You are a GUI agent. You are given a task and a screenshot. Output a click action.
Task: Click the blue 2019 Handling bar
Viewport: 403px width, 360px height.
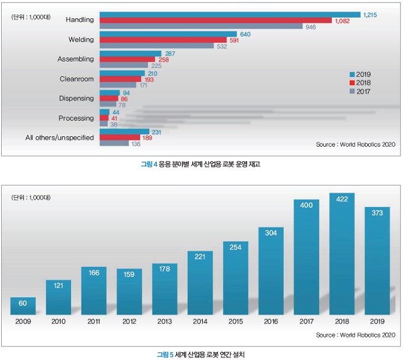tap(230, 14)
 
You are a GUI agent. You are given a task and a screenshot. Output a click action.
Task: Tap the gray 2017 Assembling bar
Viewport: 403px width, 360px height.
tap(124, 66)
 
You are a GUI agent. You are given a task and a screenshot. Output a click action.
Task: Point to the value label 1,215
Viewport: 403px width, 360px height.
tap(370, 14)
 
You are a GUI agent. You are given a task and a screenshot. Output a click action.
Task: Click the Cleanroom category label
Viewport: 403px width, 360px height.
tap(77, 79)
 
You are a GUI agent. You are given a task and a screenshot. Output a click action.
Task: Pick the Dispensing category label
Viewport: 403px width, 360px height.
tap(76, 98)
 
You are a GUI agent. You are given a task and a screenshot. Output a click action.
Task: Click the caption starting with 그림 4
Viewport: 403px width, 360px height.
tap(201, 165)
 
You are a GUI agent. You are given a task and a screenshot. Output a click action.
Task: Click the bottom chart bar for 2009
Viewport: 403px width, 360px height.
tap(23, 306)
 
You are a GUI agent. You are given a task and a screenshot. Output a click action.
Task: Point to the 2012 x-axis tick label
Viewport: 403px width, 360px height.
tap(129, 322)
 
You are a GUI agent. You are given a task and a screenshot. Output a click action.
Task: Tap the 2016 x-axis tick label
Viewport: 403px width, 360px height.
tap(271, 322)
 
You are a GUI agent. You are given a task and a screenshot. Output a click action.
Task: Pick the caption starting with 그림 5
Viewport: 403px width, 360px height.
tap(201, 354)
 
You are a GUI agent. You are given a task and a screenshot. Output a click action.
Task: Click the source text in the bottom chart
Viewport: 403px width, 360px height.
tap(356, 335)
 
